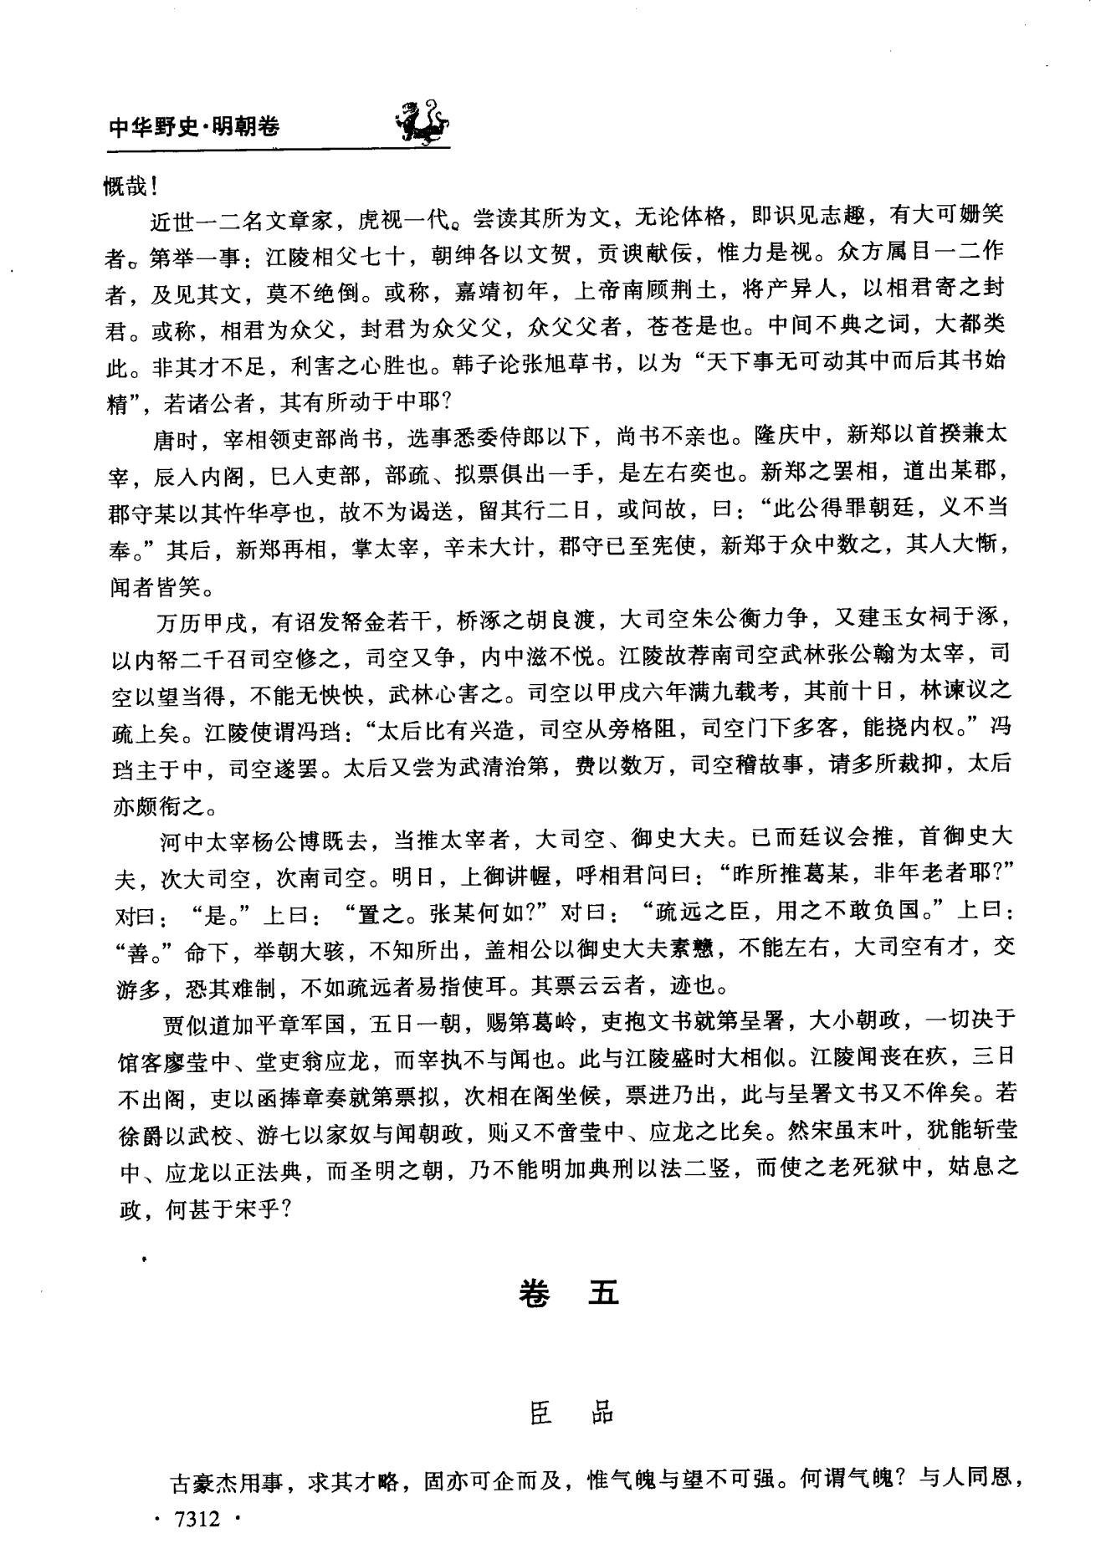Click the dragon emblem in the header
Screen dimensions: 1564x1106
click(x=420, y=122)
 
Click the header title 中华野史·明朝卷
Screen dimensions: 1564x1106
click(x=194, y=127)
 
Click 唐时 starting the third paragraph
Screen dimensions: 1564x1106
click(x=174, y=437)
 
